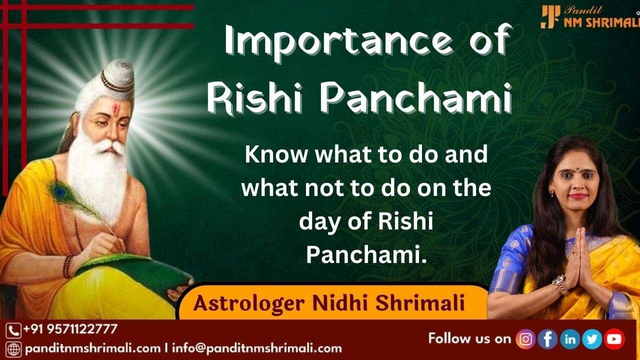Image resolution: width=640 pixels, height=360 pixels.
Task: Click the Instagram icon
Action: [525, 339]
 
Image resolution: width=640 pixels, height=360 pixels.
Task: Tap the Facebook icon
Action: [547, 339]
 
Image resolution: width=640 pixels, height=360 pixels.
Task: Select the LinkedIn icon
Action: [570, 339]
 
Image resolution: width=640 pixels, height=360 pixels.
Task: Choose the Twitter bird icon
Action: [592, 339]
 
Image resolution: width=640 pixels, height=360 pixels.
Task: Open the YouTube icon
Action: [614, 339]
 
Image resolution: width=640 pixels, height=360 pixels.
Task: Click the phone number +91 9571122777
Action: [70, 329]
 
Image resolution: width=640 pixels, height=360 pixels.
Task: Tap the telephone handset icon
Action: [13, 331]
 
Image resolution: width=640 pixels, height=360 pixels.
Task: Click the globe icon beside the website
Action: [13, 349]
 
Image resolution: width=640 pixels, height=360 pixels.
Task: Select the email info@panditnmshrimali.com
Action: [257, 348]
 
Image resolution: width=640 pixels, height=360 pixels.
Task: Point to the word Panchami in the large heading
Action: [416, 98]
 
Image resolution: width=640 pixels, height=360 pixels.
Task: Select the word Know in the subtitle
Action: [276, 154]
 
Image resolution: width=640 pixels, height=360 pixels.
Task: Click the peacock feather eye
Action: [59, 192]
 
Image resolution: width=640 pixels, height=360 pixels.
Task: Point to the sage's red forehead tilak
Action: [116, 110]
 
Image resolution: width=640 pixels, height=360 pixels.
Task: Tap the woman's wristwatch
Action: [560, 284]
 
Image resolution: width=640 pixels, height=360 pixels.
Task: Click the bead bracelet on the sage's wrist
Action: [68, 266]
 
